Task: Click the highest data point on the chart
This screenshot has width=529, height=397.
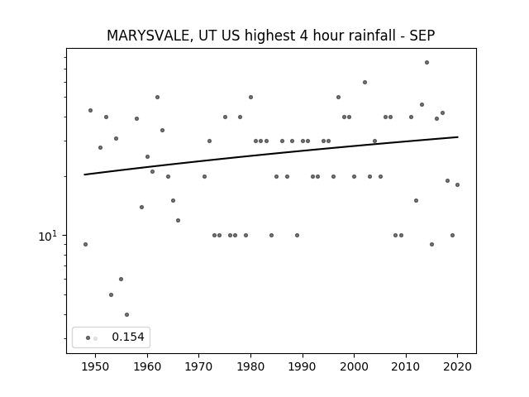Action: pyautogui.click(x=427, y=63)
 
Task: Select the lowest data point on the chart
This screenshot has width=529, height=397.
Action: pyautogui.click(x=126, y=314)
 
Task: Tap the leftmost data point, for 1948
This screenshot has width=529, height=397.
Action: pyautogui.click(x=85, y=245)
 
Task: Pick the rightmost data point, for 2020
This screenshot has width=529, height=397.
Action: pyautogui.click(x=457, y=184)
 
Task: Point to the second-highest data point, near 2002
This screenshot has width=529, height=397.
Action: pyautogui.click(x=365, y=83)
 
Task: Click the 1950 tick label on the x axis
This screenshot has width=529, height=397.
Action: pyautogui.click(x=96, y=366)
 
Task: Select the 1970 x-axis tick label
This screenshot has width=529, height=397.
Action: pyautogui.click(x=199, y=366)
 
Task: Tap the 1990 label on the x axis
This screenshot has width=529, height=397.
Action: pyautogui.click(x=303, y=366)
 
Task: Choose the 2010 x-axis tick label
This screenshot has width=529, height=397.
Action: pyautogui.click(x=406, y=366)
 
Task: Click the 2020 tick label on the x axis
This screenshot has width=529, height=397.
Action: pyautogui.click(x=457, y=366)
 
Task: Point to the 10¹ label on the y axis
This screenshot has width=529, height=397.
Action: pyautogui.click(x=48, y=236)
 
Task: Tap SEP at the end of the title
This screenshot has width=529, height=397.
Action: pyautogui.click(x=422, y=36)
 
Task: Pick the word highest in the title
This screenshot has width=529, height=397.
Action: pyautogui.click(x=269, y=36)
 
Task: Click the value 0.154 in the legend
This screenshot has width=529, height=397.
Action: pyautogui.click(x=128, y=337)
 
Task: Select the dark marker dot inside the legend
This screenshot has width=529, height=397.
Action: pyautogui.click(x=88, y=338)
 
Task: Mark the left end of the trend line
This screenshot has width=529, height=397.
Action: pyautogui.click(x=84, y=175)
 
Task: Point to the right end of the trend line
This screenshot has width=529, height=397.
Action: pyautogui.click(x=458, y=136)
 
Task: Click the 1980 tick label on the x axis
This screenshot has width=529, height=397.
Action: pyautogui.click(x=250, y=366)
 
